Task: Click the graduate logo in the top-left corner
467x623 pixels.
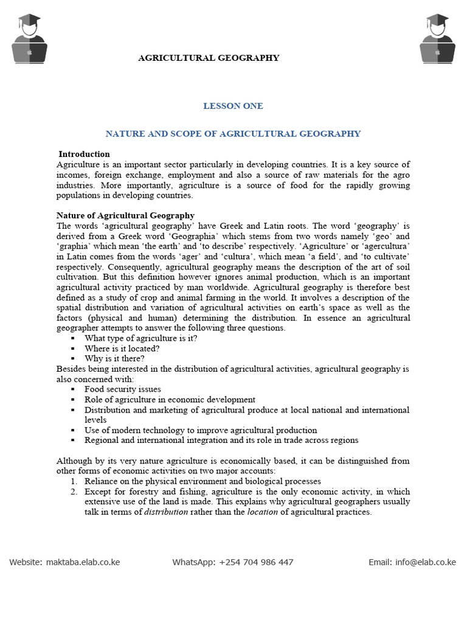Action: point(29,38)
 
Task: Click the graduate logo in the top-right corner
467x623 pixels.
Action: point(437,38)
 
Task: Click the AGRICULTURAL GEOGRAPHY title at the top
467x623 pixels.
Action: point(209,58)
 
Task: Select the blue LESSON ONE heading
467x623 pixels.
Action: point(233,106)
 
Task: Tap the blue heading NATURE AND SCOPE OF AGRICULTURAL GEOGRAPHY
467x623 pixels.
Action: point(233,133)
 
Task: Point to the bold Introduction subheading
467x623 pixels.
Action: point(84,154)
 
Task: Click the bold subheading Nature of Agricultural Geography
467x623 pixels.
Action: point(125,215)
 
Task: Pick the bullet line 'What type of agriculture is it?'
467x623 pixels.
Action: point(140,338)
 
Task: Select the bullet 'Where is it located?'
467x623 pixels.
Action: point(122,349)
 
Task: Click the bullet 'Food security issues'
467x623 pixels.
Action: point(123,389)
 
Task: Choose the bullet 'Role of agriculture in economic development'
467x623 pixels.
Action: point(170,400)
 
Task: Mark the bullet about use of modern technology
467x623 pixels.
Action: point(201,430)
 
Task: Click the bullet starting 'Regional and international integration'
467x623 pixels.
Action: point(221,440)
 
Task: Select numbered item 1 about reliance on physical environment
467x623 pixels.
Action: point(202,481)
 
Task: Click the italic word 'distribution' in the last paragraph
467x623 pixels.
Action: point(165,512)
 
